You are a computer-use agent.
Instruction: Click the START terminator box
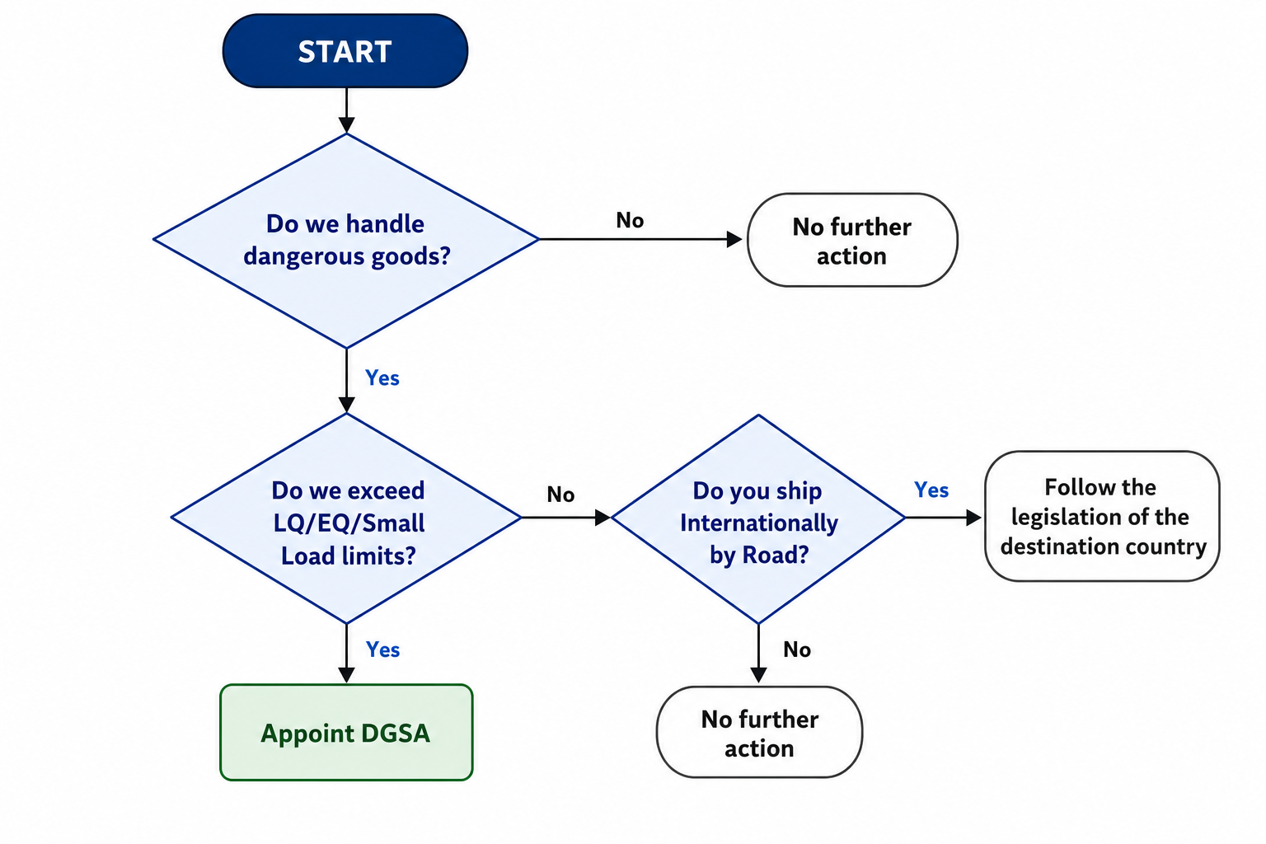point(345,51)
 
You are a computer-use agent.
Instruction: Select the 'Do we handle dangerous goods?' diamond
point(346,240)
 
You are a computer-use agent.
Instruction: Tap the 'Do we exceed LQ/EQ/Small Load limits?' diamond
point(346,518)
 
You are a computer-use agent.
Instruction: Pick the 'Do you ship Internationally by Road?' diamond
point(758,519)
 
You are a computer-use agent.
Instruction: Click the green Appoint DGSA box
point(346,733)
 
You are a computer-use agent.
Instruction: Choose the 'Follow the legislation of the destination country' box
point(1102,516)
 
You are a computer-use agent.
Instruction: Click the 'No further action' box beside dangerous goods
point(852,240)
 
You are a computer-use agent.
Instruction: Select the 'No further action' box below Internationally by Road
point(760,733)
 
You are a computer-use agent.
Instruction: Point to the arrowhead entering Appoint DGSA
point(346,675)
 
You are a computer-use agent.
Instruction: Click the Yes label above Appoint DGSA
point(382,649)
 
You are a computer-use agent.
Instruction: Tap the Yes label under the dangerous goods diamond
point(382,377)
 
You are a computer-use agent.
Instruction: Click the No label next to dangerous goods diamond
point(630,220)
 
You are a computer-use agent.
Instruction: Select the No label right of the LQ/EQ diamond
point(560,495)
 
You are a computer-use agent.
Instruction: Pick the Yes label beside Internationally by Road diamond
point(931,490)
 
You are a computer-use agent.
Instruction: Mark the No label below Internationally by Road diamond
point(797,649)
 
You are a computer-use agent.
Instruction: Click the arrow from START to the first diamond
point(346,110)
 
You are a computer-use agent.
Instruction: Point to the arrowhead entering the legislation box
point(973,518)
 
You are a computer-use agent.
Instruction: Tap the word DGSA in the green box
point(395,734)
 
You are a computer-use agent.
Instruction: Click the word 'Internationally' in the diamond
point(759,523)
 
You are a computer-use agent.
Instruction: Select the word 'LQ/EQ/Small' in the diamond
point(349,523)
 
